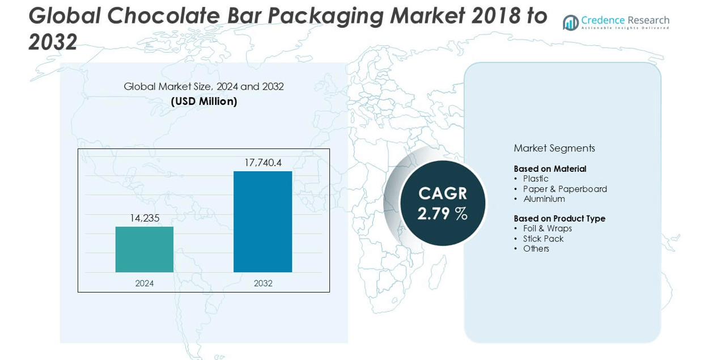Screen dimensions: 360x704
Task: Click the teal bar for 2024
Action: pyautogui.click(x=144, y=249)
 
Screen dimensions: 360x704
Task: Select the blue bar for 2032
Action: pyautogui.click(x=262, y=222)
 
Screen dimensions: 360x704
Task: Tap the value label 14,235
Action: pyautogui.click(x=145, y=218)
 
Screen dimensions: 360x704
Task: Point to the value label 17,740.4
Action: pyautogui.click(x=263, y=163)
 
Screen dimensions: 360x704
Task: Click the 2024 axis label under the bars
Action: pyautogui.click(x=144, y=283)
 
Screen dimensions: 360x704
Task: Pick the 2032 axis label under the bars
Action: pyautogui.click(x=263, y=283)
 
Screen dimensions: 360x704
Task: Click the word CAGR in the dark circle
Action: pyautogui.click(x=443, y=193)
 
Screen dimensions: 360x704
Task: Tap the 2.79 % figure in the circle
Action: pyautogui.click(x=443, y=214)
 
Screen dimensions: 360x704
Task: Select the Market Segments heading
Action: pyautogui.click(x=554, y=148)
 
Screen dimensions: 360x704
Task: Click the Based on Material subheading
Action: pyautogui.click(x=550, y=169)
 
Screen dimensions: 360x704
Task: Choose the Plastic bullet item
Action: pyautogui.click(x=536, y=179)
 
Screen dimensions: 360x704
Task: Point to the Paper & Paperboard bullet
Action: pyautogui.click(x=565, y=189)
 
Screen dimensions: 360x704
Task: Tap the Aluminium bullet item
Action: pyautogui.click(x=544, y=199)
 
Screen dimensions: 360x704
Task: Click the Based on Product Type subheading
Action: pyautogui.click(x=559, y=219)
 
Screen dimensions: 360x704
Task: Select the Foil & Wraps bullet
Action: pyautogui.click(x=547, y=228)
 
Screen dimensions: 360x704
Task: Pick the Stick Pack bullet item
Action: pyautogui.click(x=543, y=239)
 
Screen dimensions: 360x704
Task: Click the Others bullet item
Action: pyautogui.click(x=536, y=249)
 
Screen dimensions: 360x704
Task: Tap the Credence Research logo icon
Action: pyautogui.click(x=570, y=23)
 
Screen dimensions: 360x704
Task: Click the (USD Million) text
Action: pyautogui.click(x=204, y=101)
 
